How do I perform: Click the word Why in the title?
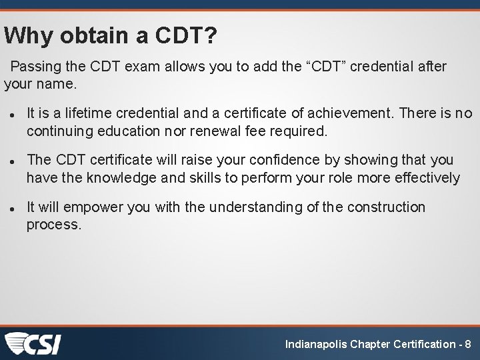click(28, 35)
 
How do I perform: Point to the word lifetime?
click(89, 113)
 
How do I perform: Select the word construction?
click(386, 207)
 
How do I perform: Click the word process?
click(53, 225)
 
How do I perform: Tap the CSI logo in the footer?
click(33, 343)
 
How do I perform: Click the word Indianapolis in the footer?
click(317, 345)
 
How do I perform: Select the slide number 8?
click(467, 345)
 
